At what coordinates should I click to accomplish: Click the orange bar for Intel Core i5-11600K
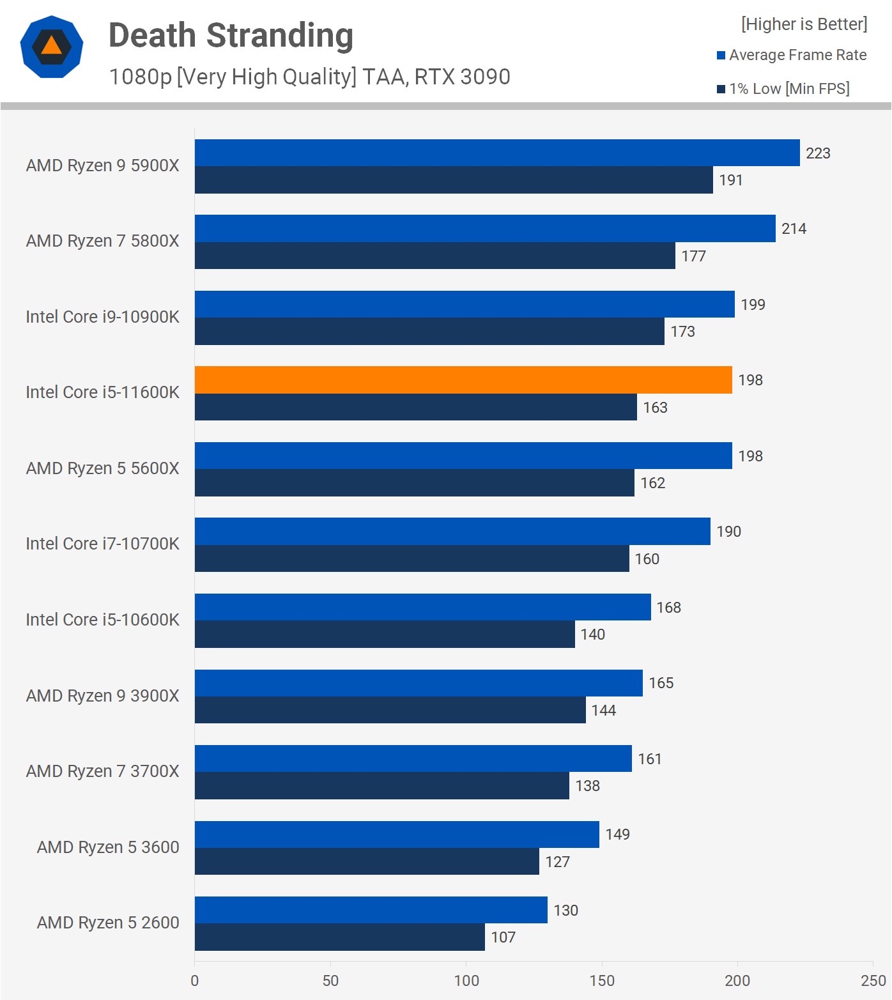pos(463,380)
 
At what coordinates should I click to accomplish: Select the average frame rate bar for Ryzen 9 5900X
pos(497,153)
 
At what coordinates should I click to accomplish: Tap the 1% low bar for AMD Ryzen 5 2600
pos(339,937)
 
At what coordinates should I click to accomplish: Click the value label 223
pos(818,153)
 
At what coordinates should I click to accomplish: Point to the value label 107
pos(503,937)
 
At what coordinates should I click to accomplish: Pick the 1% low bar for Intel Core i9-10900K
pos(429,331)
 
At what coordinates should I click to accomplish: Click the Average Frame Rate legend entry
pos(792,55)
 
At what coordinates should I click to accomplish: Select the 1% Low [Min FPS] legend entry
pos(783,89)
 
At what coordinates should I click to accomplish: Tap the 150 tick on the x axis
pos(602,981)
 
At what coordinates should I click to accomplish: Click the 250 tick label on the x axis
pos(873,981)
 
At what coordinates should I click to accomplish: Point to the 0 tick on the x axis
pos(195,981)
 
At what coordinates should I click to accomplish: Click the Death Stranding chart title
pos(231,35)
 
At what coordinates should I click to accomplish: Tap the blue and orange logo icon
pos(52,47)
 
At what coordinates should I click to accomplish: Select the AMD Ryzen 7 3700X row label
pos(102,771)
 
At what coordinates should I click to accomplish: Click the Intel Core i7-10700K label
pos(102,544)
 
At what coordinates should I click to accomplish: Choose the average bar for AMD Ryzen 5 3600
pos(397,834)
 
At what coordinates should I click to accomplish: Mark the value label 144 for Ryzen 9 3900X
pos(603,711)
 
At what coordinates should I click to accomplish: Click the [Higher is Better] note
pos(804,24)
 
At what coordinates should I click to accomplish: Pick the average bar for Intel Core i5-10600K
pos(422,607)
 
